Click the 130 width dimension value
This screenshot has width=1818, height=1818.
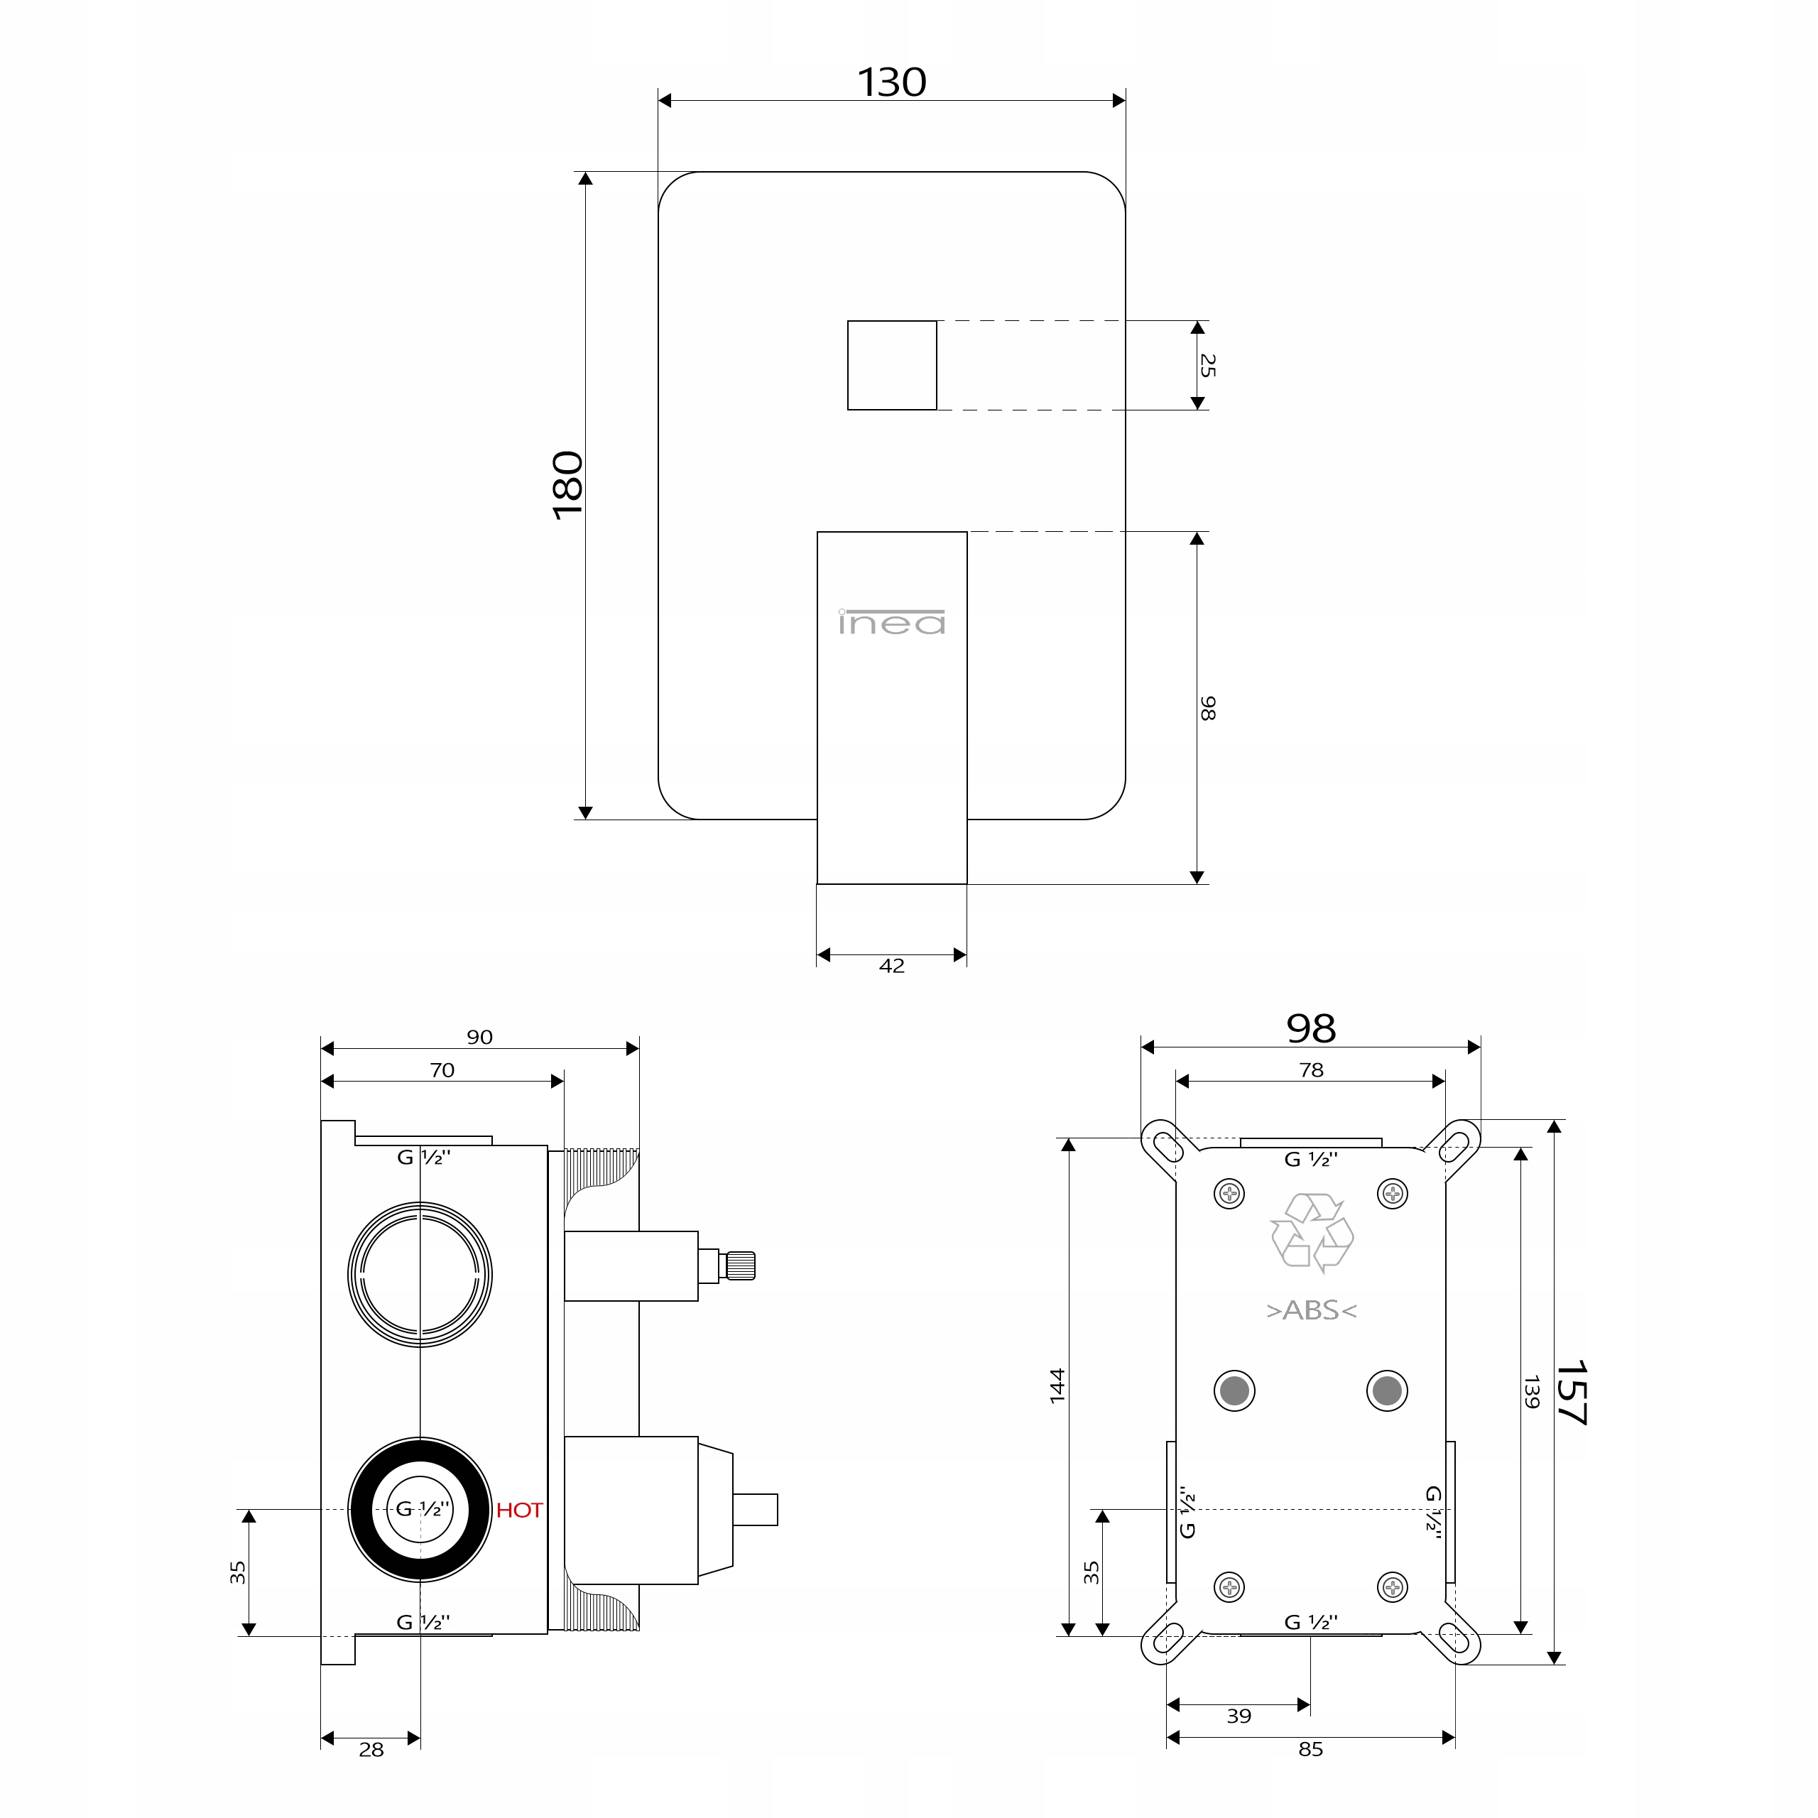(x=891, y=83)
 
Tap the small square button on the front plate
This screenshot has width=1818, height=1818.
(x=892, y=365)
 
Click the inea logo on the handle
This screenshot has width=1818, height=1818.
(x=892, y=622)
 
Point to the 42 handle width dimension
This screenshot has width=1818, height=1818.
(x=891, y=966)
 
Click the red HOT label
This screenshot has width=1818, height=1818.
(x=519, y=1511)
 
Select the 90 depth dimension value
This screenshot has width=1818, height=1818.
(x=480, y=1037)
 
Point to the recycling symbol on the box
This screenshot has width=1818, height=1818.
(x=1312, y=1233)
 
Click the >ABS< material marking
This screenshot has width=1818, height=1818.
(x=1312, y=1310)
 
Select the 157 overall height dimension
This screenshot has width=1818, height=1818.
(x=1571, y=1392)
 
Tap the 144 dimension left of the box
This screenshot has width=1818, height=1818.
(x=1057, y=1386)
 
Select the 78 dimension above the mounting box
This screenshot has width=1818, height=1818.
(x=1311, y=1070)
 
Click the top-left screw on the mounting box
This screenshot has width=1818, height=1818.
(x=1230, y=1194)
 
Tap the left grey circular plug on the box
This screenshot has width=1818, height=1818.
(x=1234, y=1390)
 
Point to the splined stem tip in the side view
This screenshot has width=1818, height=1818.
(x=741, y=1265)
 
